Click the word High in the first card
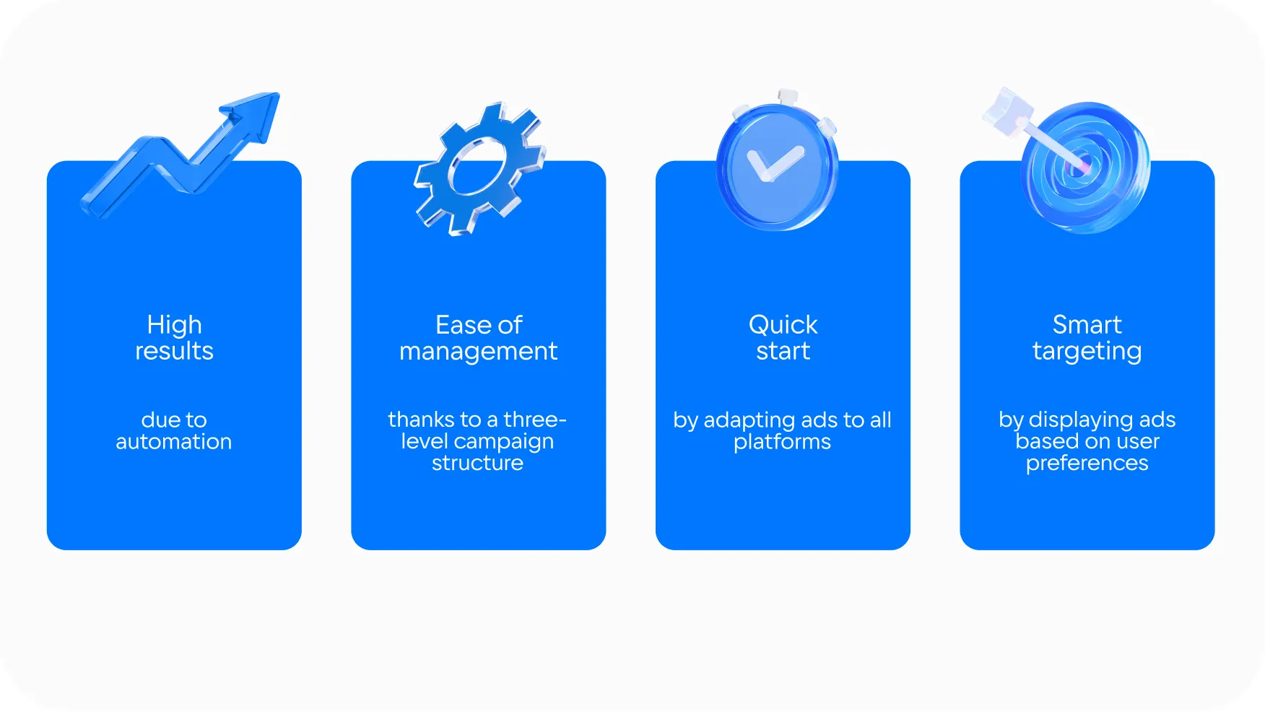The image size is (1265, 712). tap(174, 325)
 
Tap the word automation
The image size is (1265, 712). tap(174, 441)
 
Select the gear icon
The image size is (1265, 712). tap(479, 169)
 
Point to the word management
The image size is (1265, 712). tap(478, 352)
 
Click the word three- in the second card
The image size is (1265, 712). tap(535, 420)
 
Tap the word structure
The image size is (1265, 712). tap(477, 463)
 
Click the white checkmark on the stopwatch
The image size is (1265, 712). tap(774, 164)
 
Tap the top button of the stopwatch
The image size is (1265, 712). tap(787, 97)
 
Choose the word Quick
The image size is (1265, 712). tap(783, 325)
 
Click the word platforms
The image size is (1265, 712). tap(783, 442)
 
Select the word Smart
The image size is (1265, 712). tap(1087, 325)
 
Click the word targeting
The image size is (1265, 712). tap(1087, 352)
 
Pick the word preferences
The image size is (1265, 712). tap(1087, 464)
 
